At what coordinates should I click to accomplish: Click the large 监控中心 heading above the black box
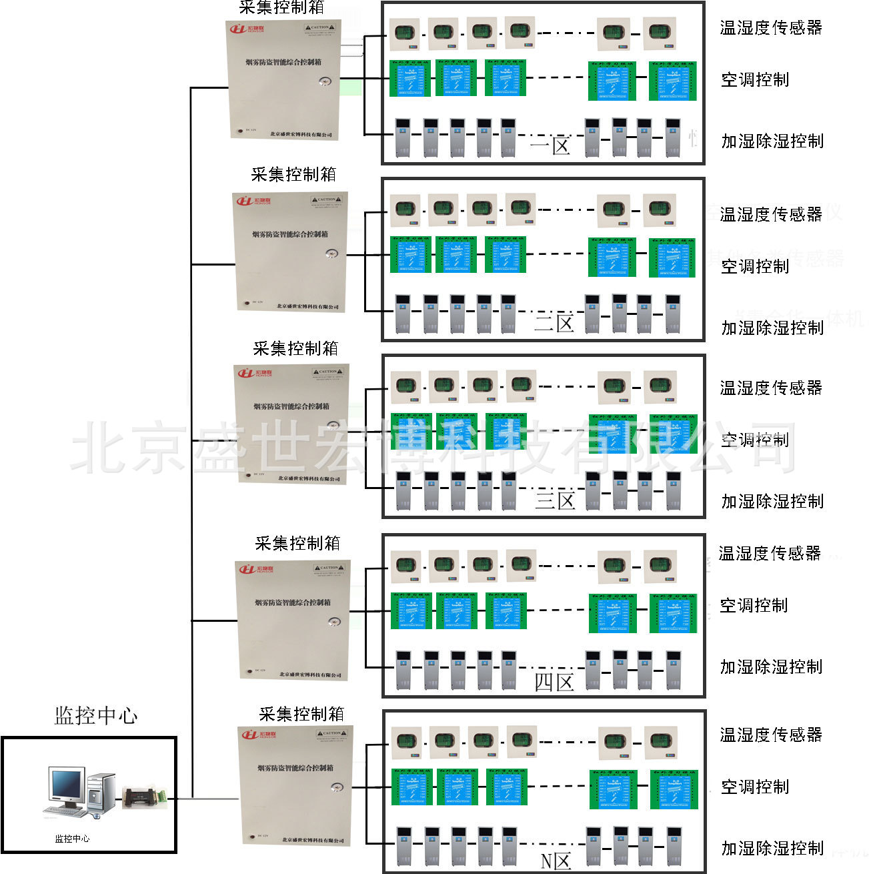click(x=95, y=716)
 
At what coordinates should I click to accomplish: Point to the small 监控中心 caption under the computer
click(x=72, y=839)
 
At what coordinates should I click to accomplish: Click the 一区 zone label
click(x=551, y=145)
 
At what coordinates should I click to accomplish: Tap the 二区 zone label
click(x=554, y=324)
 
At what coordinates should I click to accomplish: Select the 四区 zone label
click(x=554, y=683)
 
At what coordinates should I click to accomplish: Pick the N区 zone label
click(x=556, y=861)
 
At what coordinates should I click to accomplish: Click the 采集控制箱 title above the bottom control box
click(x=301, y=715)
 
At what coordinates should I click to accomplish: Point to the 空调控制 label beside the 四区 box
click(x=754, y=605)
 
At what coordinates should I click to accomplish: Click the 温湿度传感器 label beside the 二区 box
click(x=771, y=214)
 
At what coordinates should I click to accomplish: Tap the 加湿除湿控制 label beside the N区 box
click(x=772, y=848)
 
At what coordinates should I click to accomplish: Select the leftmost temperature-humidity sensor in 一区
click(x=405, y=33)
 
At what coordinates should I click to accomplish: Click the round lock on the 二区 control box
click(x=331, y=254)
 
